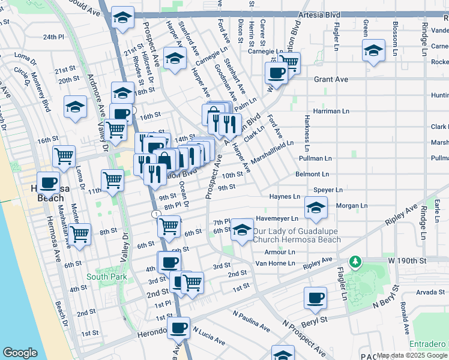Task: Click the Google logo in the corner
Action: point(20,353)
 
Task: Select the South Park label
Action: point(106,277)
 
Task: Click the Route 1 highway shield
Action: point(156,214)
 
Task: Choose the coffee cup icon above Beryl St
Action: point(315,298)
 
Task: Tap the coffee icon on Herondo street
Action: point(178,328)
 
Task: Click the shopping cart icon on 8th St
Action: point(79,234)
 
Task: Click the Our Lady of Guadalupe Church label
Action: point(297,236)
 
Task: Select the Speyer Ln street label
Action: point(328,190)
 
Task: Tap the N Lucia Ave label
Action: point(208,337)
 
